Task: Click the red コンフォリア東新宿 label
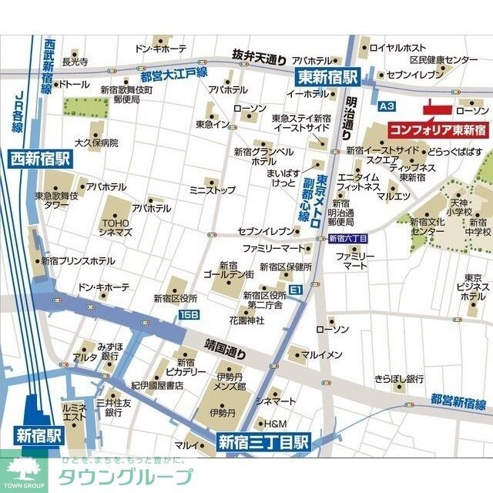point(437,129)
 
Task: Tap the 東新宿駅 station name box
point(329,76)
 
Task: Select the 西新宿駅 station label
point(39,159)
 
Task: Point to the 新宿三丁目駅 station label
point(263,442)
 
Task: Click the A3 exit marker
point(387,106)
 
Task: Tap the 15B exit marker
point(189,314)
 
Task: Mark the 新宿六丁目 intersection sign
point(348,239)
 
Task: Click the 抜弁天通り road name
point(260,55)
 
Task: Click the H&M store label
point(275,424)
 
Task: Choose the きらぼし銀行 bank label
point(399,379)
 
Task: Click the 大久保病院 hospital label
point(96,143)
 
